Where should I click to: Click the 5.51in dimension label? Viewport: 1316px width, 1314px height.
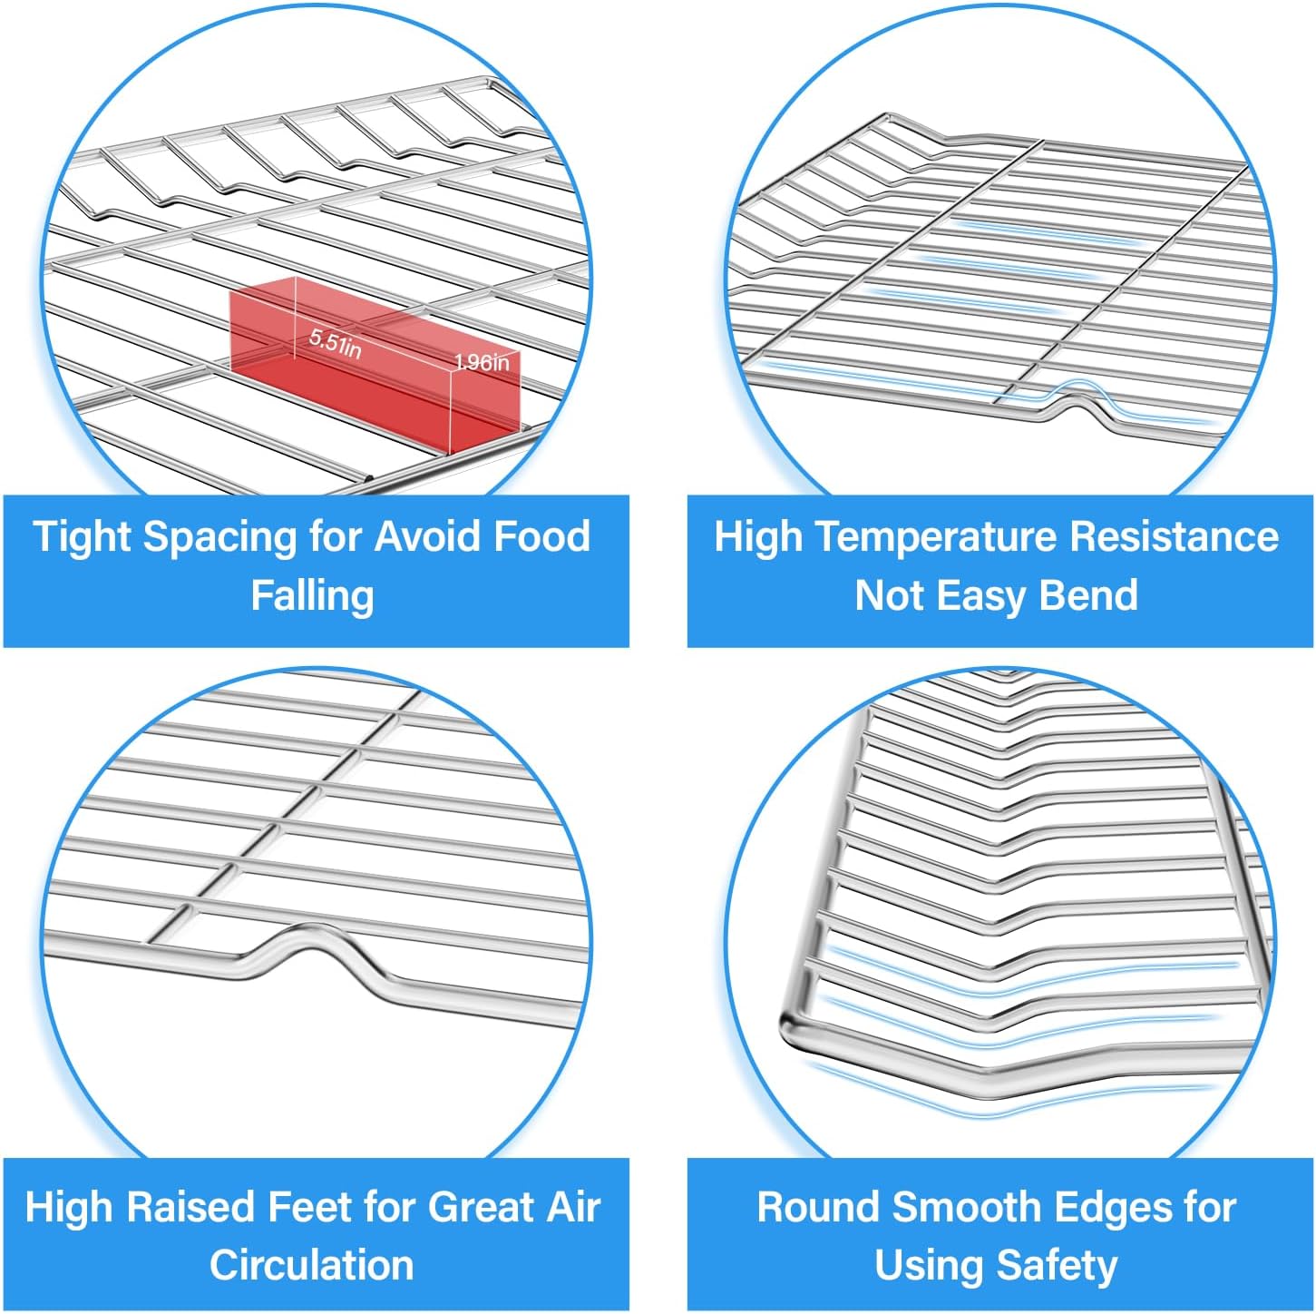point(335,343)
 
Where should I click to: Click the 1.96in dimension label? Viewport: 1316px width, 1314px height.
point(482,363)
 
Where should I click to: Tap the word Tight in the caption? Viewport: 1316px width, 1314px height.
point(83,536)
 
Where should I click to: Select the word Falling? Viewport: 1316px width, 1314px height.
point(312,596)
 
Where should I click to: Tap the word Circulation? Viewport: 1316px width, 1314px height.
point(312,1265)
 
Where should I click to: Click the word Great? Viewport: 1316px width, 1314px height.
point(480,1207)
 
